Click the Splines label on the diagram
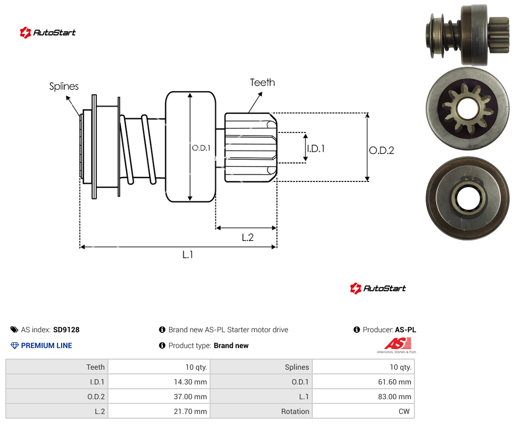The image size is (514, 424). point(64,86)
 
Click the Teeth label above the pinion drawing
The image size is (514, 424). point(262,82)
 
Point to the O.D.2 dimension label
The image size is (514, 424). point(382,150)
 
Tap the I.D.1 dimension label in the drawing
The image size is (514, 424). point(316,149)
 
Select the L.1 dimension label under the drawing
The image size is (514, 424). point(188,254)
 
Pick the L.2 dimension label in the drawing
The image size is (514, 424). point(248,237)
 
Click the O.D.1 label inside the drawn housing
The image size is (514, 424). point(201,148)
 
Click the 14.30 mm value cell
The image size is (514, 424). point(191,382)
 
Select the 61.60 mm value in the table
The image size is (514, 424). point(394,382)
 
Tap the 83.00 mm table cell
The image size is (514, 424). point(394,397)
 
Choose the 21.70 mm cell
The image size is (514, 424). point(191,411)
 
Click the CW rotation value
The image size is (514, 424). point(404,411)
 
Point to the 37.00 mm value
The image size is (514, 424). point(191,397)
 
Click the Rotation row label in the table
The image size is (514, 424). point(295,411)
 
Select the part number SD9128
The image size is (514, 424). point(66,330)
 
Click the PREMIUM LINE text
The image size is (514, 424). point(46,345)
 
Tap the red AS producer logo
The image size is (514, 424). point(398,344)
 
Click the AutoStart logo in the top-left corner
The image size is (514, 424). point(48,33)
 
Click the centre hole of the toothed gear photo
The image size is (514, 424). point(467,109)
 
